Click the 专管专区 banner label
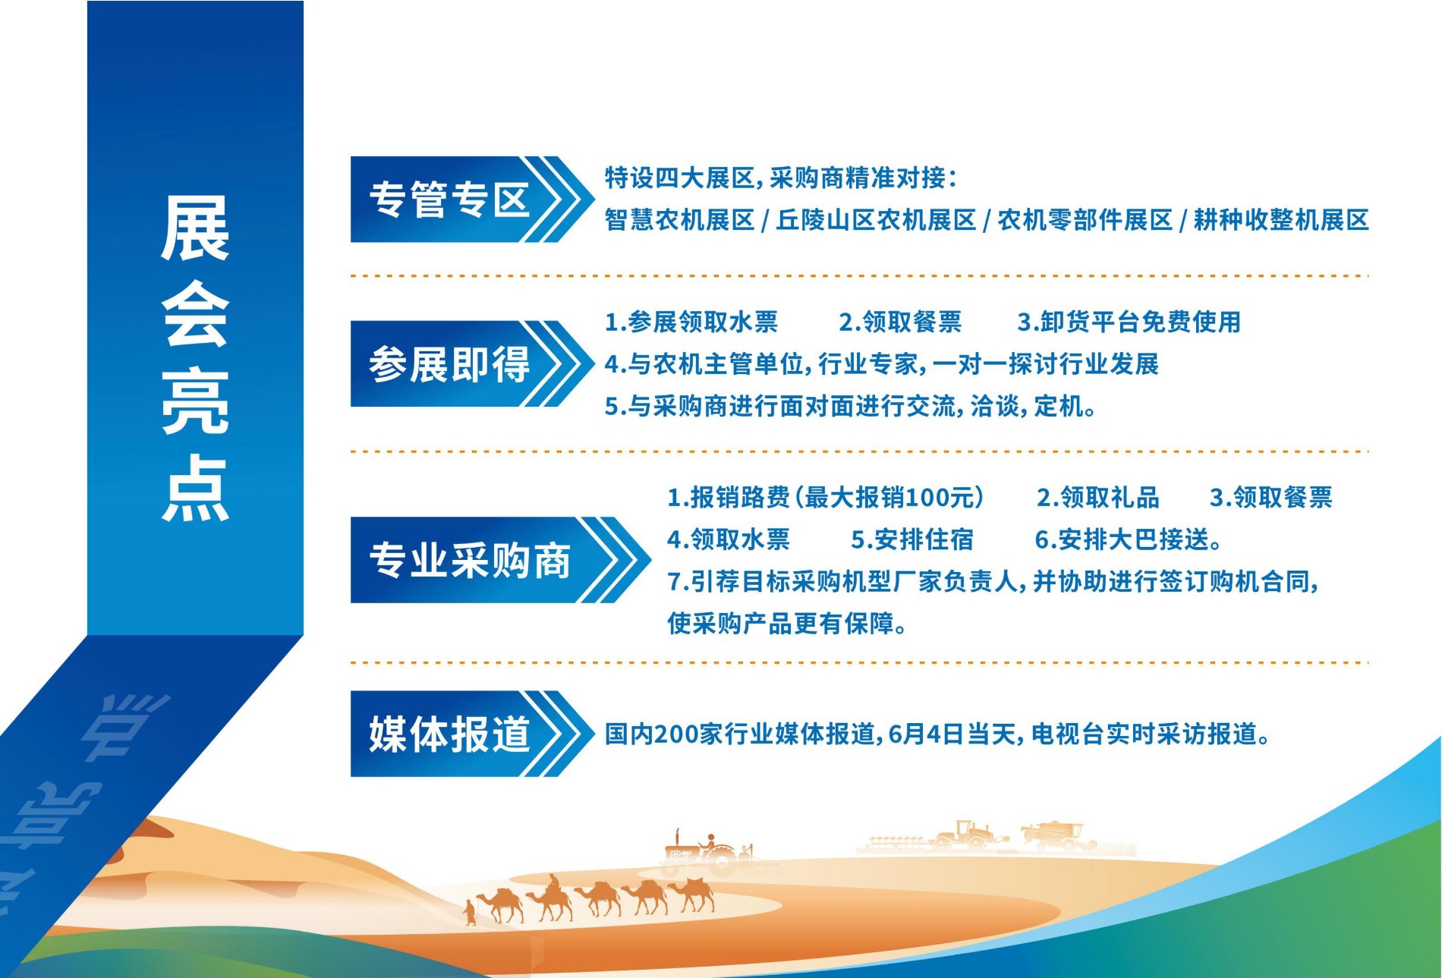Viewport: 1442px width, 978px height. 449,200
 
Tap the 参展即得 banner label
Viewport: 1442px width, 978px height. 449,364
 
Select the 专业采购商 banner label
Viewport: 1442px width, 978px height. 470,561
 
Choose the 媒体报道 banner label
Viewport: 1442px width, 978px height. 449,734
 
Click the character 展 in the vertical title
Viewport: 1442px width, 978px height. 195,228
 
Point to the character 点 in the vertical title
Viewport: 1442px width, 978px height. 195,488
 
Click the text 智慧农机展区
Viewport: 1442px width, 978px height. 679,220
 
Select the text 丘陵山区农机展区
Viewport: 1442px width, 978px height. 876,220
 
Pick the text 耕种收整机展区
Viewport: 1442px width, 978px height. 1281,220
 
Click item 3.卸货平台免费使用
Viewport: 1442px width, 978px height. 1129,322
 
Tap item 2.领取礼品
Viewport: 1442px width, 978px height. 1098,498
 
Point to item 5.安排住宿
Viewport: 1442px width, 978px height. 912,539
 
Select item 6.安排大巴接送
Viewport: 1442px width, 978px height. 1129,539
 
